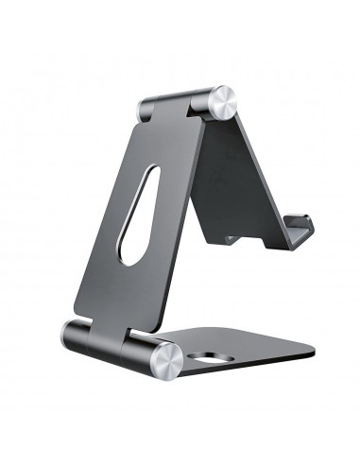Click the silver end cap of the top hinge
click(223, 101)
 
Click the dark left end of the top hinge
click(143, 109)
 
